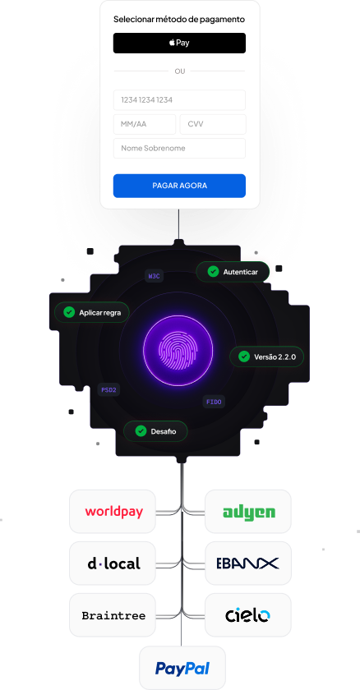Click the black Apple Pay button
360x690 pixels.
point(179,43)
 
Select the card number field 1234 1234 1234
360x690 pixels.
point(179,100)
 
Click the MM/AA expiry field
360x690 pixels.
point(145,124)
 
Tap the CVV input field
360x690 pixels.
point(213,124)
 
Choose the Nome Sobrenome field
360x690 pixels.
point(179,149)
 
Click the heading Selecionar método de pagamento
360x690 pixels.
point(179,20)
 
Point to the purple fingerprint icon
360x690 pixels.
point(178,350)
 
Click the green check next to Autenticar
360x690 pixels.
point(213,272)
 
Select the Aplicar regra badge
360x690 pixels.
point(92,312)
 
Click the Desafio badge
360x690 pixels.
point(155,431)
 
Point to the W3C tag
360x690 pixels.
point(154,276)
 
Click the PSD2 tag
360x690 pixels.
point(108,390)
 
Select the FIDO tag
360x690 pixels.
point(214,402)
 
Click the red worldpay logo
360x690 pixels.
point(114,512)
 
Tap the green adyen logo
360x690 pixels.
point(249,513)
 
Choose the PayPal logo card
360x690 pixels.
point(182,668)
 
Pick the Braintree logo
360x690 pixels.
point(113,615)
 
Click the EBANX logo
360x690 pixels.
point(247,563)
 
